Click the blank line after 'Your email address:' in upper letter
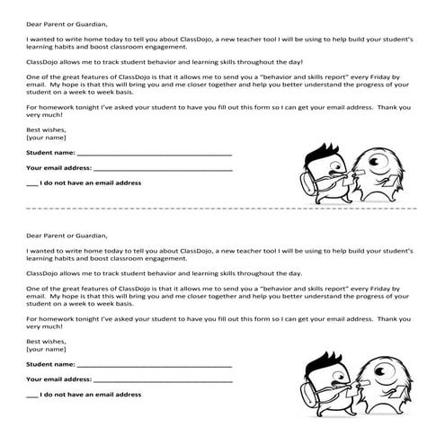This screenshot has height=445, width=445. click(x=162, y=169)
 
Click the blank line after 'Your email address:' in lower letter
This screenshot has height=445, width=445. click(x=162, y=380)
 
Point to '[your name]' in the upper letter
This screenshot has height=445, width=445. click(x=47, y=138)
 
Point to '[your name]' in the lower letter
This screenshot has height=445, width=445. click(x=47, y=349)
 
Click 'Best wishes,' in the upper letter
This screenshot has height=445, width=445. click(x=47, y=130)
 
